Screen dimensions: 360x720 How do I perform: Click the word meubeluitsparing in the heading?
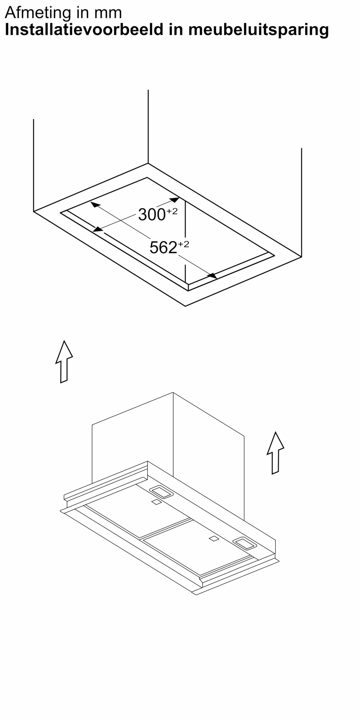point(258,30)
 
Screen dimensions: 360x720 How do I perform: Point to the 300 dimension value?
point(152,215)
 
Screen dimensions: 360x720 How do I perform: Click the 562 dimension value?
point(163,248)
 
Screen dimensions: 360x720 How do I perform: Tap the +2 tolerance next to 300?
point(172,211)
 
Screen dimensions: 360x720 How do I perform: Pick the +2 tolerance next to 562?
point(183,244)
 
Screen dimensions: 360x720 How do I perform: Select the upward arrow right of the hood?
point(275,453)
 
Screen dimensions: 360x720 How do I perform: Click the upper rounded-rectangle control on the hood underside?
point(161,492)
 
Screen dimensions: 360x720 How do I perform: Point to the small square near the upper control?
point(156,502)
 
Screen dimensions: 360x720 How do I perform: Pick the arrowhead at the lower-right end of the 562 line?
point(212,276)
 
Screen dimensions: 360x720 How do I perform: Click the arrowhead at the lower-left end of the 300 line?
point(98,229)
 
